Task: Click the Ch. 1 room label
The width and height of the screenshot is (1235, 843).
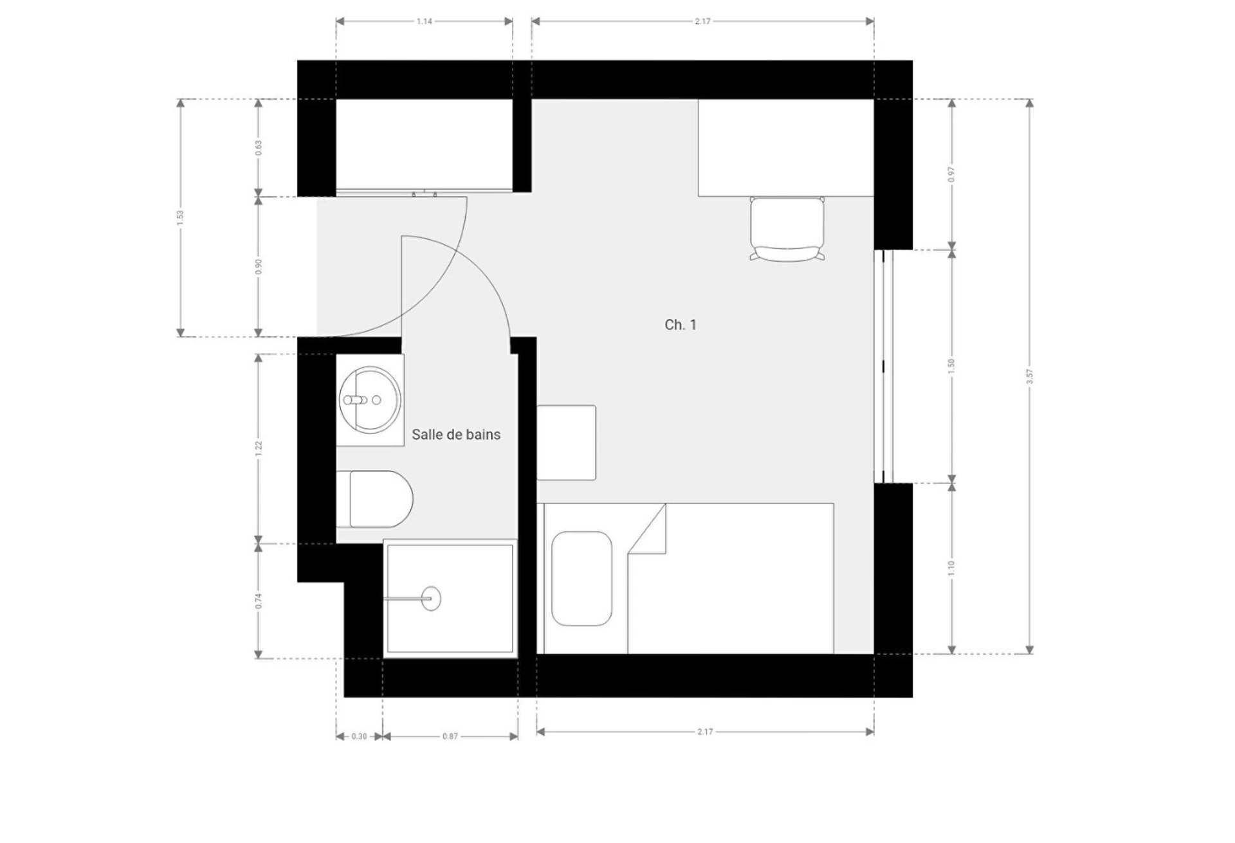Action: click(x=680, y=325)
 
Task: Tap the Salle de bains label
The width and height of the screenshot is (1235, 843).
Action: click(x=456, y=435)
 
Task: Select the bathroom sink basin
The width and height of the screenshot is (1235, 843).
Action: click(x=370, y=400)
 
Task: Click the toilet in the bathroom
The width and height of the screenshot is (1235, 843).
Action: click(x=374, y=499)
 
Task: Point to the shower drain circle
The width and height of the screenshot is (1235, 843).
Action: click(x=432, y=599)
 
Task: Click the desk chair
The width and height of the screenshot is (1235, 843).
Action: click(x=787, y=229)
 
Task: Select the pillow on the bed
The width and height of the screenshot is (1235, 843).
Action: click(x=581, y=578)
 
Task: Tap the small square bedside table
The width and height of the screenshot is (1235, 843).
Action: click(x=566, y=442)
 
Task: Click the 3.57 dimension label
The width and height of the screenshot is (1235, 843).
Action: click(x=1029, y=377)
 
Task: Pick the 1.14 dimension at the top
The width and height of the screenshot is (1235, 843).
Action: click(x=425, y=21)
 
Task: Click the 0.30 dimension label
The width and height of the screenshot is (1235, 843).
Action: click(x=359, y=736)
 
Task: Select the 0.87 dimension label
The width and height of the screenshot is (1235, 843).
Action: click(x=450, y=736)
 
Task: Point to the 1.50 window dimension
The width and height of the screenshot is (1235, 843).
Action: click(x=951, y=366)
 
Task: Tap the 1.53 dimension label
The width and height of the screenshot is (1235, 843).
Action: click(x=180, y=218)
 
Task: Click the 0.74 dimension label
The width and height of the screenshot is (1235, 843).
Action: click(x=259, y=601)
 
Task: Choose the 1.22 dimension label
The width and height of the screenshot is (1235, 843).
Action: click(x=259, y=449)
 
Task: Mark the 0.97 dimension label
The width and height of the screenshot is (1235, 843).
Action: click(x=951, y=174)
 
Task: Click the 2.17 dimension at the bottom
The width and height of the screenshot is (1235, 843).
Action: click(x=705, y=732)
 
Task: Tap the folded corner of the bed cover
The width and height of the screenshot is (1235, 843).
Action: click(x=647, y=529)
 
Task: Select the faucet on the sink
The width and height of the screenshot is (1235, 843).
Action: click(x=355, y=400)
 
